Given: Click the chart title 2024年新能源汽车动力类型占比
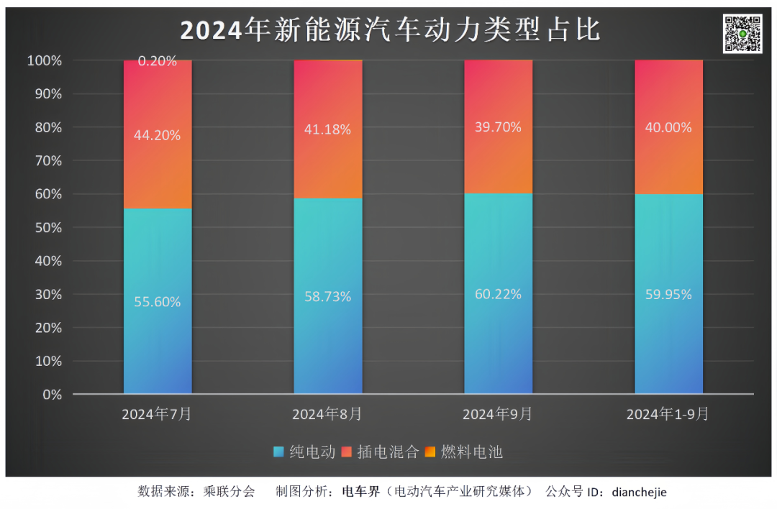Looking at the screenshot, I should (389, 31).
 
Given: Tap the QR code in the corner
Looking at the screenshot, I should (742, 34).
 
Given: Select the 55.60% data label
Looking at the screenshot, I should (158, 302).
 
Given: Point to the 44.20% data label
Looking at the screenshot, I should (158, 134).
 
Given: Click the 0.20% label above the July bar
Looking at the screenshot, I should (158, 62).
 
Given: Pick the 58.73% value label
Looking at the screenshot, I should (328, 296).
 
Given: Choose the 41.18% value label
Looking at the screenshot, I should (328, 129).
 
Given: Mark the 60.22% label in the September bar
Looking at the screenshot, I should (498, 294).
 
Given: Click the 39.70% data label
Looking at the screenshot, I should (498, 127).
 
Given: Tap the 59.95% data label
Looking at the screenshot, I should (668, 294).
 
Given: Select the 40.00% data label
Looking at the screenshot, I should (668, 127).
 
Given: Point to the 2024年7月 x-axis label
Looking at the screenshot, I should (157, 414).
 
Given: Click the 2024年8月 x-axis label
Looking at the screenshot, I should (327, 414).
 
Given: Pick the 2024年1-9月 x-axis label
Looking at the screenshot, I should (668, 414).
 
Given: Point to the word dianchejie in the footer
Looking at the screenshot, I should (639, 492).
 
